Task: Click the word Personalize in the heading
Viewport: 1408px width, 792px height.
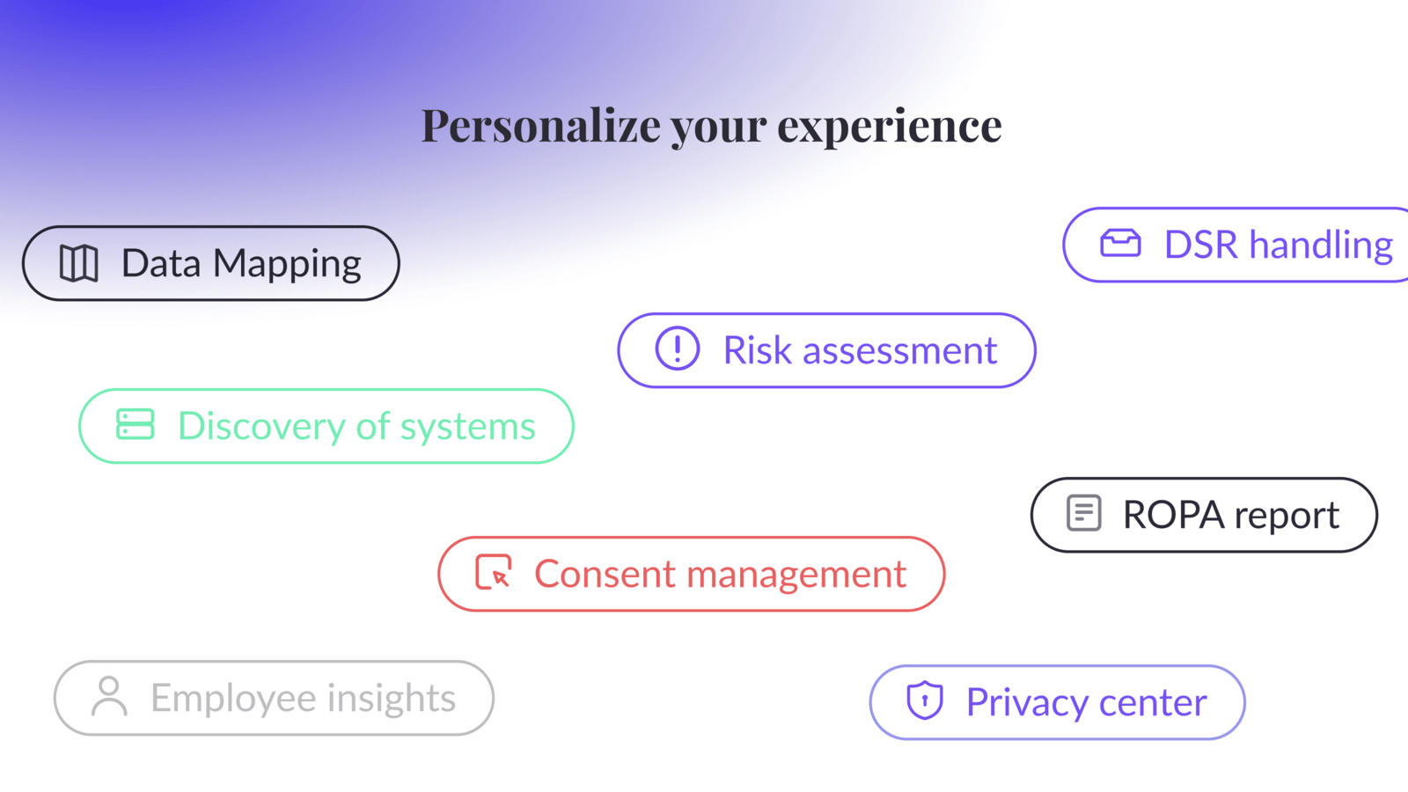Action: pos(541,126)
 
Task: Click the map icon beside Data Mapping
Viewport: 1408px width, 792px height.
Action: pos(79,263)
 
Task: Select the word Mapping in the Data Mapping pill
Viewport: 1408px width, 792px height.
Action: pos(287,263)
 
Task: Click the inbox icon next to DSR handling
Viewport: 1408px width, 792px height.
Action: pos(1120,243)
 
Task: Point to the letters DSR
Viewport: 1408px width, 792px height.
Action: pos(1200,245)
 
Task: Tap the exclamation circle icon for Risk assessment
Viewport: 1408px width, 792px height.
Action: pos(677,348)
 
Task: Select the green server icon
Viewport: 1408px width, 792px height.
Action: pos(135,424)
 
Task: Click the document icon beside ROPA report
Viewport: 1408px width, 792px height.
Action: pos(1083,513)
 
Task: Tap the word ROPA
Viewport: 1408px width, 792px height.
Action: pos(1173,515)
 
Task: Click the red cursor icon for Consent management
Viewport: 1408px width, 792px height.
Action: pos(494,572)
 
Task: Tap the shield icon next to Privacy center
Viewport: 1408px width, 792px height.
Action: pos(925,700)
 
